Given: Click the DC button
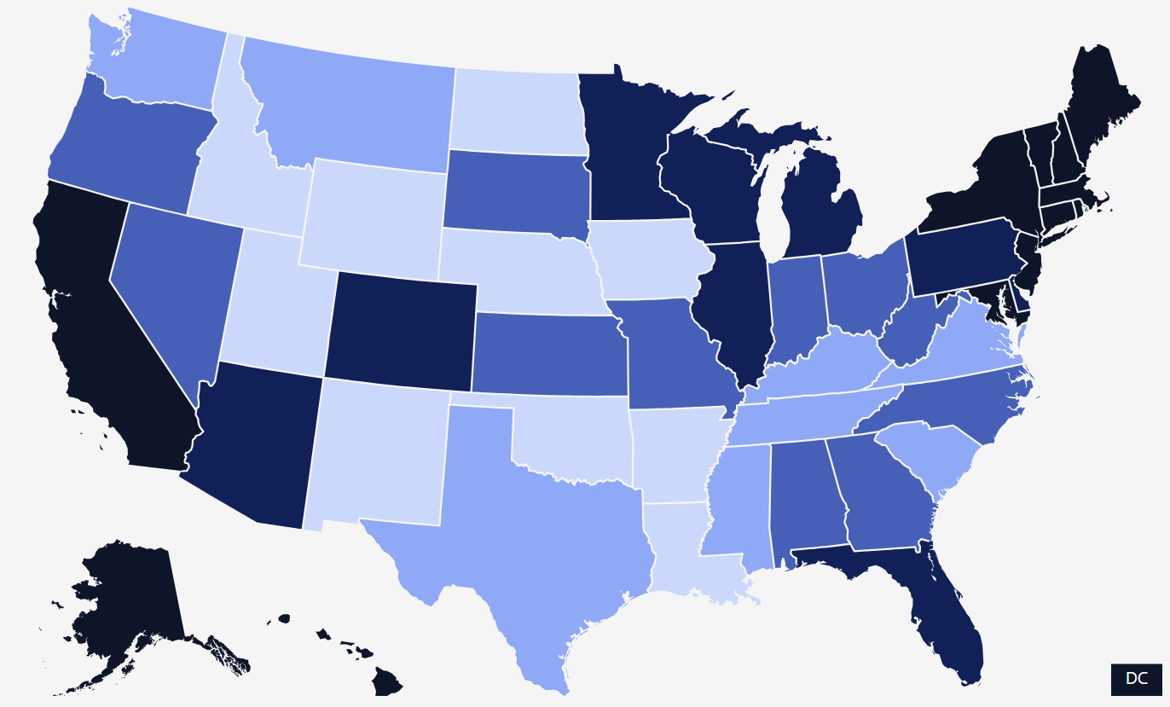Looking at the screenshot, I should click(1136, 679).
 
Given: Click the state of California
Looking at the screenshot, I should click(102, 341).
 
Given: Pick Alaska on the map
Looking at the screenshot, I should click(128, 597).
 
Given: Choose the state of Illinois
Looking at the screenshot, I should click(729, 307).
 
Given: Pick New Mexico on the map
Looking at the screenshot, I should click(375, 452).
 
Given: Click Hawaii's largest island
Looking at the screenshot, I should click(387, 682).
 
